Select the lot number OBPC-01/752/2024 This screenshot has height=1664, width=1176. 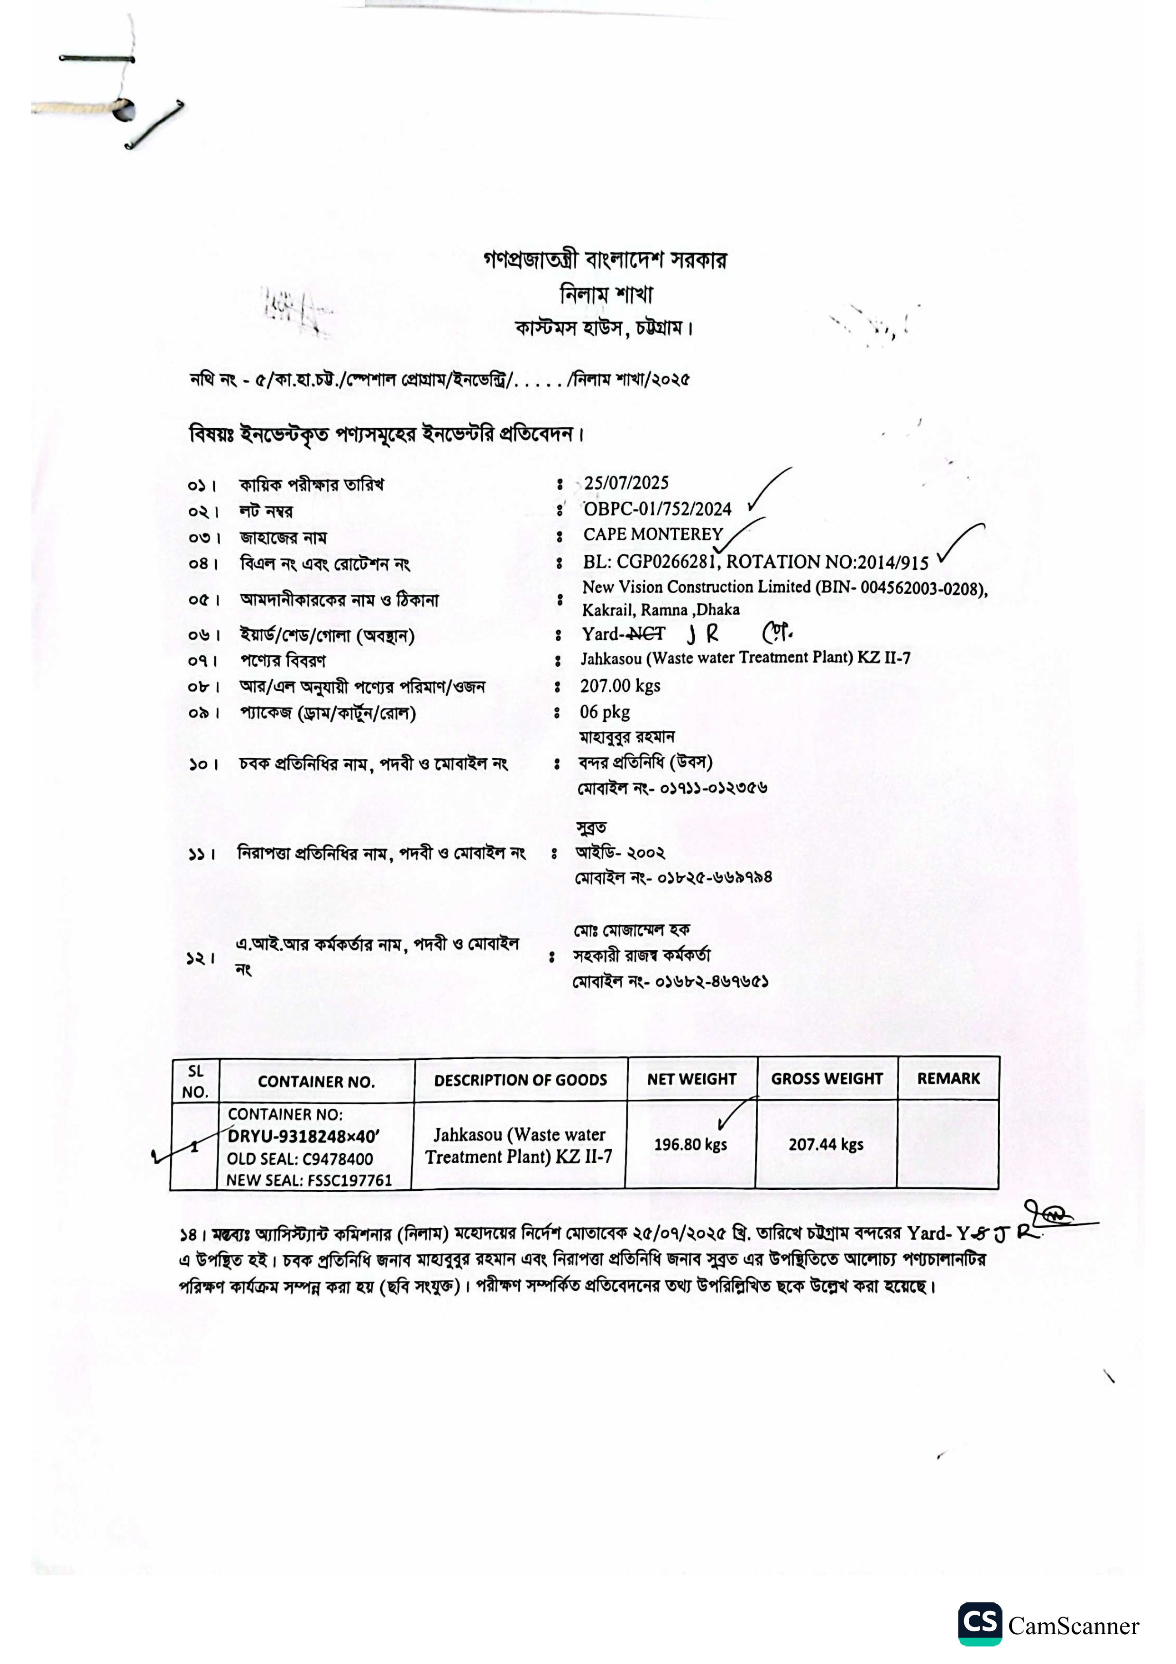[657, 509]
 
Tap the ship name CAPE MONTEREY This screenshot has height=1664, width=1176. [653, 535]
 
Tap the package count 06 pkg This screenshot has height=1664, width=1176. [604, 712]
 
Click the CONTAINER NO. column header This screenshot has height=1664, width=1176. [316, 1082]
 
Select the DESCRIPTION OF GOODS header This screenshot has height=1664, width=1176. [520, 1080]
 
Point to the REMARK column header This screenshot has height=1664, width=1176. [948, 1078]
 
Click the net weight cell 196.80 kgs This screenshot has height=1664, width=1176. [690, 1144]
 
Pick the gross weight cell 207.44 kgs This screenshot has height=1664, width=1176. [826, 1144]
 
